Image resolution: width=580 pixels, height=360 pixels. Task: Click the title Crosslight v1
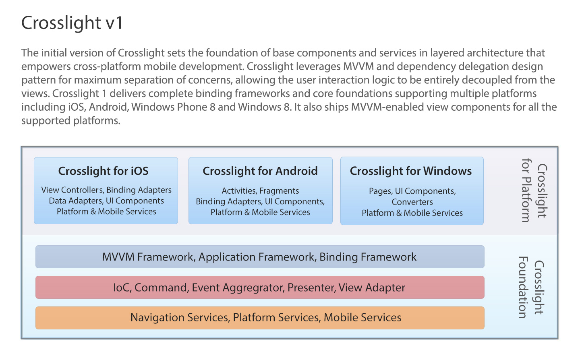coord(72,23)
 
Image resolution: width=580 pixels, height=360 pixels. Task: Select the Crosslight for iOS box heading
coord(103,171)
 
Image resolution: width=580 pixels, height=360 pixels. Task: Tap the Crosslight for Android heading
coord(260,171)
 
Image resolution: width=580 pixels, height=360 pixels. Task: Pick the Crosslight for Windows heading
coord(411,171)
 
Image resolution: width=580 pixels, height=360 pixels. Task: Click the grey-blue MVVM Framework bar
coord(260,257)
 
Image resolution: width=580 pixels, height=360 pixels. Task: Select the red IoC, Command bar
coord(260,287)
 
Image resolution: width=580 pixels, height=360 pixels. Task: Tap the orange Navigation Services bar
coord(260,318)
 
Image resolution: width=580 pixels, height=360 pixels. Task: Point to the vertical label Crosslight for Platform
coord(534,190)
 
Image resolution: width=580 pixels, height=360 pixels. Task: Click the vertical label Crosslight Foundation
coord(531,287)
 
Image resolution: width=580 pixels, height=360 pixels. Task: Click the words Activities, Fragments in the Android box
coord(260,191)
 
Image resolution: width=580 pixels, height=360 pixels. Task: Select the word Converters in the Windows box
coord(412,202)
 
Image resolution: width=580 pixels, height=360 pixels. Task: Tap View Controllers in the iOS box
coord(72,190)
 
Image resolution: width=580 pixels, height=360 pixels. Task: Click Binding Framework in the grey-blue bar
coord(368,257)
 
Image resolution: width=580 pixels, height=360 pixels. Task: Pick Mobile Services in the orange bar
coord(362,318)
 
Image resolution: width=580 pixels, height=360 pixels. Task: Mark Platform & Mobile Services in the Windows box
coord(412,213)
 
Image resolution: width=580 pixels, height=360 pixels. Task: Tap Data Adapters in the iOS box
coord(75,201)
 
